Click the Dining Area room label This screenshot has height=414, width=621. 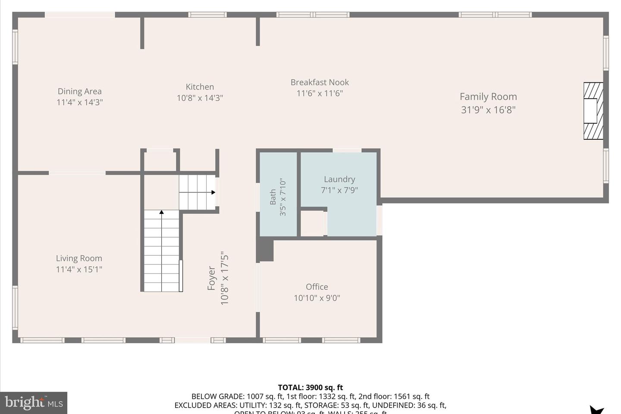79,91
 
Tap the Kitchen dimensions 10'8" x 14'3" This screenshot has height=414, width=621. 200,98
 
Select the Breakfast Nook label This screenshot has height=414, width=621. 320,82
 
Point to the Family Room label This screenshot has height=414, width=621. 488,97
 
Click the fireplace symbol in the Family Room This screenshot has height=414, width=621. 593,111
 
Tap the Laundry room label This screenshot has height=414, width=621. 339,179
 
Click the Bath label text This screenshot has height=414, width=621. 273,197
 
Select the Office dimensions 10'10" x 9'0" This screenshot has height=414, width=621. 317,298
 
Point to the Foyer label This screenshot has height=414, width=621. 211,278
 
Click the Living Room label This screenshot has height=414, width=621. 79,258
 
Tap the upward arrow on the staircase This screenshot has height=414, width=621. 161,212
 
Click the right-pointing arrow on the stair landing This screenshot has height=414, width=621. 213,192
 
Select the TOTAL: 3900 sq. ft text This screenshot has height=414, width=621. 310,387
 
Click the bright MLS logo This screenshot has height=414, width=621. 34,403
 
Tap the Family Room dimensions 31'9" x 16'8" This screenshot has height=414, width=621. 488,110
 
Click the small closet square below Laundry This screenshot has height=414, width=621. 312,223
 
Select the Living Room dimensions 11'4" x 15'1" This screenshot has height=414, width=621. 79,270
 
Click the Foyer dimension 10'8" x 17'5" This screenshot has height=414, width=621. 224,278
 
